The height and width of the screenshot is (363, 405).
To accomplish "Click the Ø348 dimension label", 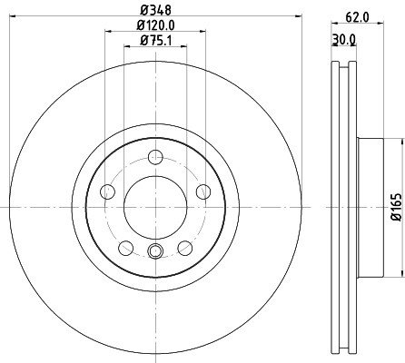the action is pos(155,11).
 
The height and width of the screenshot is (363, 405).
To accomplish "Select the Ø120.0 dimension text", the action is pos(155,25).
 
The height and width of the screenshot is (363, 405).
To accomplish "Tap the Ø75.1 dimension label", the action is pos(155,40).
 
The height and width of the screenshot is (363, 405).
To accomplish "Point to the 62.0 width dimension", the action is pos(357,17).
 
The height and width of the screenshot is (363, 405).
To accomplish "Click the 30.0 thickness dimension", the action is pos(344,39).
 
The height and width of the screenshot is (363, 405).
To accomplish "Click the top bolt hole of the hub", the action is pos(155,157).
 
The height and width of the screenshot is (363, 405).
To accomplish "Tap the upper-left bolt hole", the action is pos(107,191).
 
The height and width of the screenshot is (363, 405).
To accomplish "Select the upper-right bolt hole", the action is pos(203,191).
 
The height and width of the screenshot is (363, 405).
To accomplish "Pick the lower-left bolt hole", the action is pos(126,248).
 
